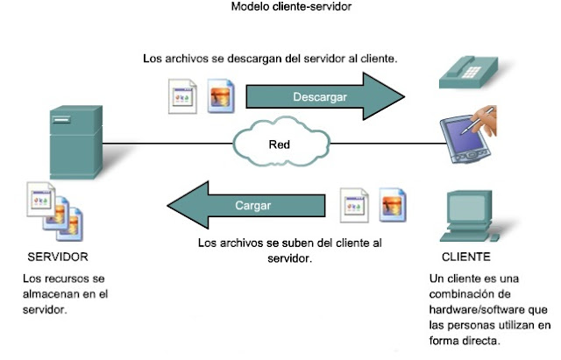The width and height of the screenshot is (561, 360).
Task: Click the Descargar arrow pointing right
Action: click(321, 96)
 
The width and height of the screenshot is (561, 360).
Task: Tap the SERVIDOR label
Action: click(58, 258)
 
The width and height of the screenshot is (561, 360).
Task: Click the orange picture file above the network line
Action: click(220, 96)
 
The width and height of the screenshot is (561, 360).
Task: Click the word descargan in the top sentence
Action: click(244, 59)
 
